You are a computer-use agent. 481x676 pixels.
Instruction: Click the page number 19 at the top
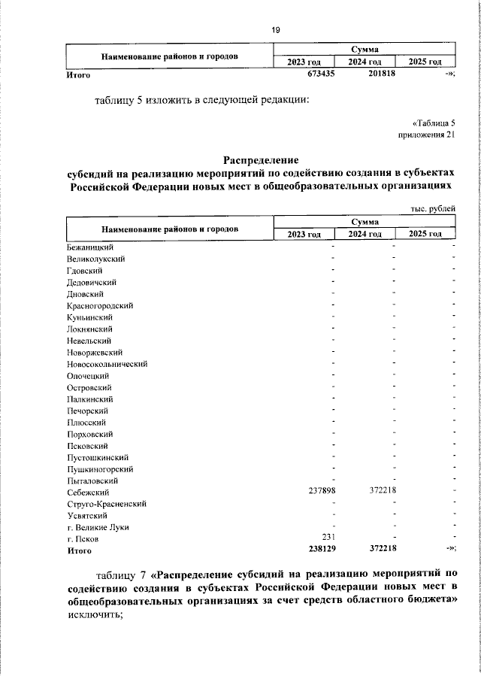coord(275,30)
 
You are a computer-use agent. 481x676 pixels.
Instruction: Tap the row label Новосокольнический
coord(107,364)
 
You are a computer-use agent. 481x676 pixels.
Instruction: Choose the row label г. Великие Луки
coord(97,527)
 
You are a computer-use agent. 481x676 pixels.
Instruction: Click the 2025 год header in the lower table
coord(425,235)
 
